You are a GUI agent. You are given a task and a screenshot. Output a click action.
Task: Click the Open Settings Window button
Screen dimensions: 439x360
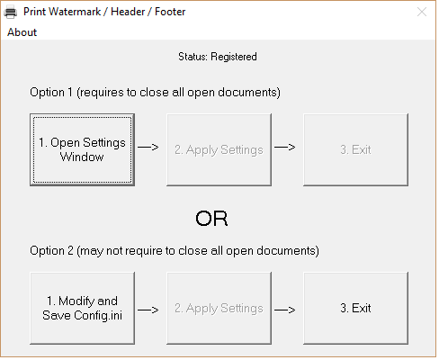[x=82, y=149]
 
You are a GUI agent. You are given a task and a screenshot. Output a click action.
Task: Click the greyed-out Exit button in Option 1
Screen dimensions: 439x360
[x=355, y=149]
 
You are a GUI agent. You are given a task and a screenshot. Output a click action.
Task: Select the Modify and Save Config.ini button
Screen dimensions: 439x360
[x=82, y=308]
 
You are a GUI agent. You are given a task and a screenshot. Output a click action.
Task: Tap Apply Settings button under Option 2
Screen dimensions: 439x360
[x=219, y=308]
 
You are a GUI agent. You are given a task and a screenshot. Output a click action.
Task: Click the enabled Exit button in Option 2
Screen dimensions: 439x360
[x=355, y=308]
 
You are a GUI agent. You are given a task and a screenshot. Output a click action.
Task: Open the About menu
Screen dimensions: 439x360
[x=22, y=32]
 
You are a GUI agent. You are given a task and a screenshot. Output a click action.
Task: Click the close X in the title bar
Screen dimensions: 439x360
[x=422, y=12]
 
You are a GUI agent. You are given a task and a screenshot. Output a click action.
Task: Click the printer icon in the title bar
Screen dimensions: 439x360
[x=11, y=12]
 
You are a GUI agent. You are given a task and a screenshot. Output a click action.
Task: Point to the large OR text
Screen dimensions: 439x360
[x=211, y=219]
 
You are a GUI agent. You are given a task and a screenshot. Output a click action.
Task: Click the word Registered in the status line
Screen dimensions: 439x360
[x=234, y=57]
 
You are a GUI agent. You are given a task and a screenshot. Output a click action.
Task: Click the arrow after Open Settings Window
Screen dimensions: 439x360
[x=148, y=147]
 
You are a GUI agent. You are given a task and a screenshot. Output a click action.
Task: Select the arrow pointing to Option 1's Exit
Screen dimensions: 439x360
[x=285, y=147]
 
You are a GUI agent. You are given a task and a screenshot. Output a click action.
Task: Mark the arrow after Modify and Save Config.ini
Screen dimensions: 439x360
[x=148, y=310]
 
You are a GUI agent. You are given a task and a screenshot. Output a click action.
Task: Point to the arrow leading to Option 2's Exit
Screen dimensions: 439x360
[x=285, y=310]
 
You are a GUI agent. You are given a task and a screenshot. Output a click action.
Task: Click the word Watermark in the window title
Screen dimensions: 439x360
[x=75, y=12]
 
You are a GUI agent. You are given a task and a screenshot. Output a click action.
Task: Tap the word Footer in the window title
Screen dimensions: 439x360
[x=170, y=12]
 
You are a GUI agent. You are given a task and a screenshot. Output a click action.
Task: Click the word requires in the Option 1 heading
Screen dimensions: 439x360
[x=102, y=93]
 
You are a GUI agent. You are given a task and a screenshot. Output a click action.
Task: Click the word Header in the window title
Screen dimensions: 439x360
[x=128, y=12]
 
